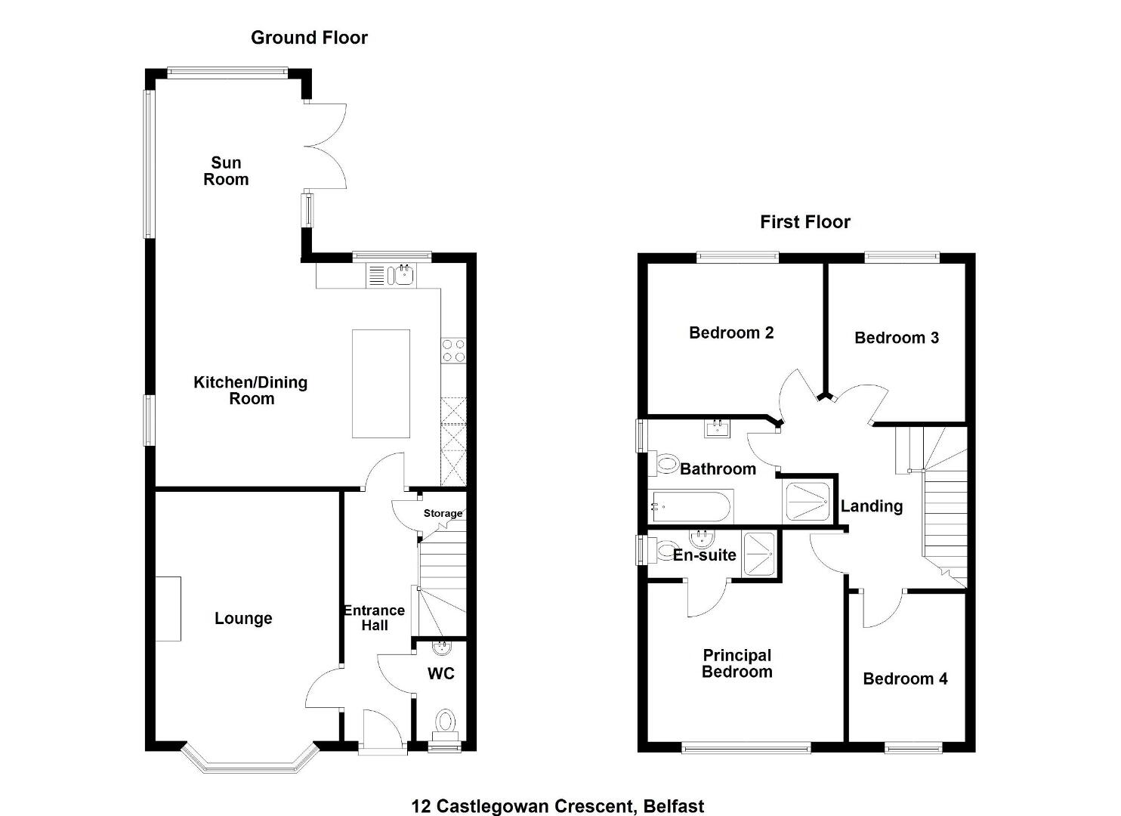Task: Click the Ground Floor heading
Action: click(309, 38)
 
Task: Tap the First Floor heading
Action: click(804, 222)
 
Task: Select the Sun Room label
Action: click(226, 172)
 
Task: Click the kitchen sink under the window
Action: click(404, 274)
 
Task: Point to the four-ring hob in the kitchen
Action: click(453, 351)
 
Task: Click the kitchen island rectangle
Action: click(381, 384)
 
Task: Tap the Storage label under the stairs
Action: click(443, 513)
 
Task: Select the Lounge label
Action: click(243, 618)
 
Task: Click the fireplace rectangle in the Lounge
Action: click(168, 609)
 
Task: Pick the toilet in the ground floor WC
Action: click(445, 725)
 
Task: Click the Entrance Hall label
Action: click(375, 618)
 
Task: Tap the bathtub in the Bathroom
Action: click(691, 507)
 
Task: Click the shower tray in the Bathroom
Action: click(808, 501)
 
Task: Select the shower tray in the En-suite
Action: click(758, 554)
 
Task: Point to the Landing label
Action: click(872, 507)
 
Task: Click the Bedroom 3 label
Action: click(897, 338)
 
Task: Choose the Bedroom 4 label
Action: click(905, 678)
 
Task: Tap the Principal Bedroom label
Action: click(737, 663)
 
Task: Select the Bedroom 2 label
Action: click(731, 333)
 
